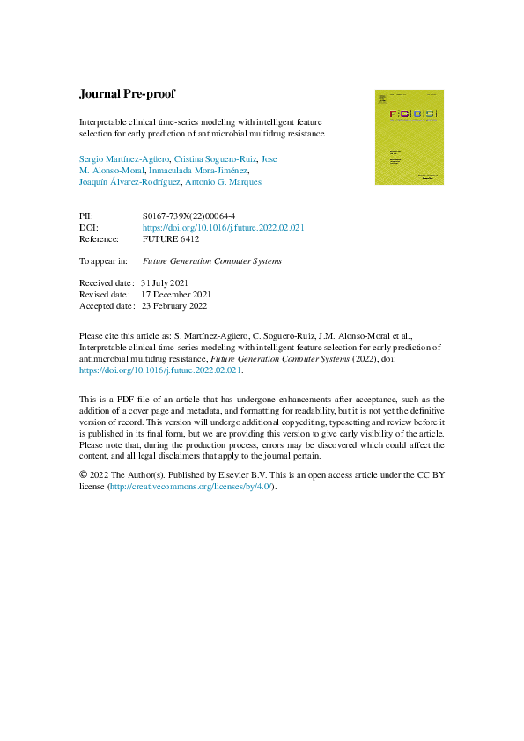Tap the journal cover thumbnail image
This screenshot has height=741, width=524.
(x=403, y=136)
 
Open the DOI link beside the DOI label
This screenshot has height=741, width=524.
(x=223, y=227)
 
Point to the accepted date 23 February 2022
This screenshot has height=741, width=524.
(x=179, y=305)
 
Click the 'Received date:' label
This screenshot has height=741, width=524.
(x=106, y=283)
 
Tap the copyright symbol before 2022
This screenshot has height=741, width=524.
(x=85, y=475)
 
